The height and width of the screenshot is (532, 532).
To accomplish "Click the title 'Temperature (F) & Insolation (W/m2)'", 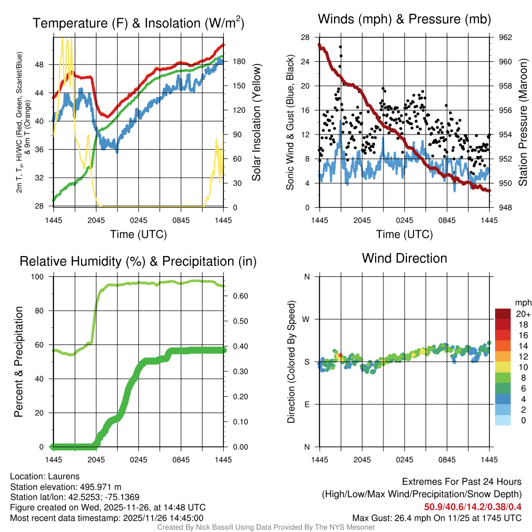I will click(138, 23).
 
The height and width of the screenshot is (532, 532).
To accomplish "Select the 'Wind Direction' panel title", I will click(404, 258).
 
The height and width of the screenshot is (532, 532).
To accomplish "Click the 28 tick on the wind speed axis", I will click(305, 37).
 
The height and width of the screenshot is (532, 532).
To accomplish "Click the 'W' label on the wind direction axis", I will click(307, 319).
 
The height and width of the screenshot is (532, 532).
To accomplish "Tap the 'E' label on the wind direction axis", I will click(307, 404).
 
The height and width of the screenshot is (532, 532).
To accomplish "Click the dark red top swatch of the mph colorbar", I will click(503, 314).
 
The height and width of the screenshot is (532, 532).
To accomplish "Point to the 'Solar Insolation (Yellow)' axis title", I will click(257, 123).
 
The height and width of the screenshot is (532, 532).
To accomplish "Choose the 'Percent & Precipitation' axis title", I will click(19, 362).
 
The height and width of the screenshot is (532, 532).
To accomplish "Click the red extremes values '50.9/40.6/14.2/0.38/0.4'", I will click(472, 507).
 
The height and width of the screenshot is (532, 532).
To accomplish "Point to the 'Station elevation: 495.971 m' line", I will click(65, 487).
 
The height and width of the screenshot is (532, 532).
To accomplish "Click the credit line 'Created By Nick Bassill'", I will click(265, 527).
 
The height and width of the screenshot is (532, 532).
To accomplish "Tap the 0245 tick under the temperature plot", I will click(139, 220).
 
